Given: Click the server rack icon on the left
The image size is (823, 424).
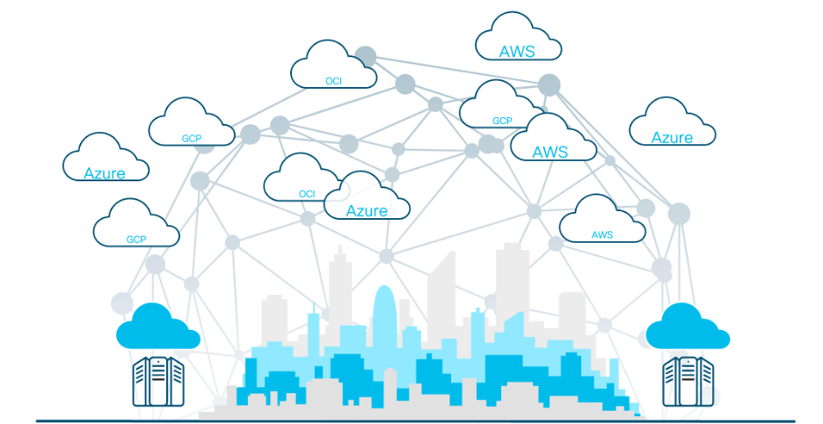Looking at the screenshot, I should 157,381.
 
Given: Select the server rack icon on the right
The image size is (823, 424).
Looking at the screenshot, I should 688,381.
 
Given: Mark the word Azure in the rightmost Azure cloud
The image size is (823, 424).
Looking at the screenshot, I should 672,137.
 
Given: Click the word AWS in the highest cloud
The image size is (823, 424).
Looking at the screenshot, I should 517,51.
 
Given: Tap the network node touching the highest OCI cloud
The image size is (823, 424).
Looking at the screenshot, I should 365,56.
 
